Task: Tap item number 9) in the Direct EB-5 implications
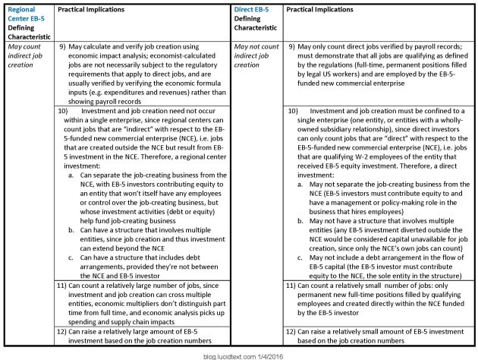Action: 292,48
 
